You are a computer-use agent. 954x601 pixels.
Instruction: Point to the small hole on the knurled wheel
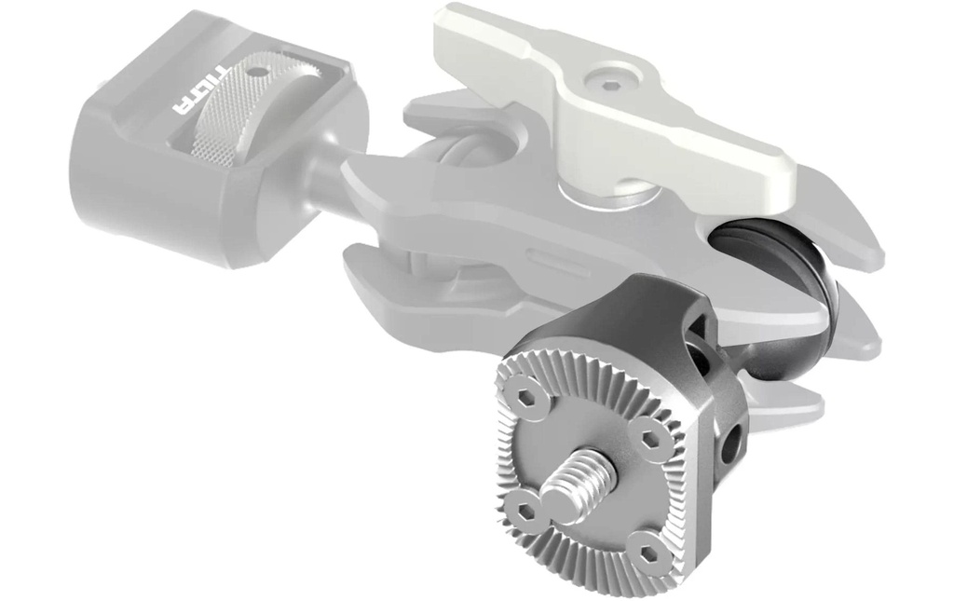[262, 72]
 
